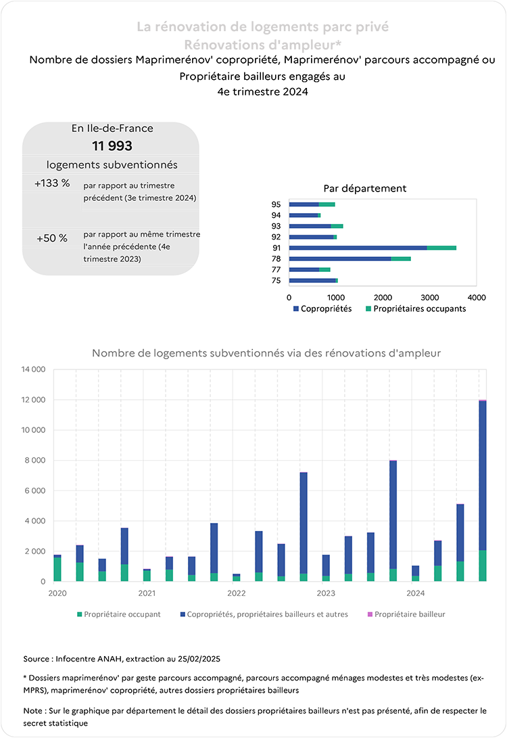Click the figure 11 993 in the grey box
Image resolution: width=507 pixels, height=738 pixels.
point(112,146)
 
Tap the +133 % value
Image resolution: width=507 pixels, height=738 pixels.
point(52,183)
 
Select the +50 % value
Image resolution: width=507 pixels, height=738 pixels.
point(52,238)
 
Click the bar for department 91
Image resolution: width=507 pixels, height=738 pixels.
point(372,248)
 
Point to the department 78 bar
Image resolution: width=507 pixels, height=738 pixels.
point(350,258)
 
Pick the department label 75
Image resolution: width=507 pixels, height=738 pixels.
point(276,281)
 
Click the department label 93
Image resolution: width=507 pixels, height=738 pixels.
point(276,226)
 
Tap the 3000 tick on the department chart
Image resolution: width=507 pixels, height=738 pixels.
point(430,298)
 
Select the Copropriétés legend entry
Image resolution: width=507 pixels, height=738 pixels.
point(322,308)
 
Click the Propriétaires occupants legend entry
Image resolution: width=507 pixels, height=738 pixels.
point(416,308)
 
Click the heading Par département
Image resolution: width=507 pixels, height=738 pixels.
point(365,188)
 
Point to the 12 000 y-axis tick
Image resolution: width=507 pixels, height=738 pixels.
point(33,400)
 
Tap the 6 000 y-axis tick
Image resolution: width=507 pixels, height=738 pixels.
point(35,490)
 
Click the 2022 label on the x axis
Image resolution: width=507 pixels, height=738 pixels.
point(237,593)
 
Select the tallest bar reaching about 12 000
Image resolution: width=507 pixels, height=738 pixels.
point(483,490)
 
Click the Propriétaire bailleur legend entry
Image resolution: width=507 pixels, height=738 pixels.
point(406,614)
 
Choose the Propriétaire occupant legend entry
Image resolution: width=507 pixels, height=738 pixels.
point(119,614)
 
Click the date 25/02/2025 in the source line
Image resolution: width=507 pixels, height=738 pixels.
point(199,659)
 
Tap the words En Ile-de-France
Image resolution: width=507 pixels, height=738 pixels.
point(112,128)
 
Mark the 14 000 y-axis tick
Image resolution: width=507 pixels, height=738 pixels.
point(33,369)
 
